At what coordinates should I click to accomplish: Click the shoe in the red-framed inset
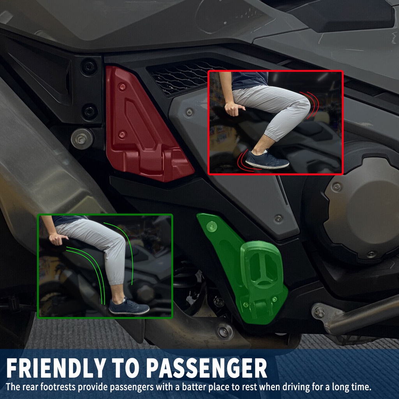pos(267,160)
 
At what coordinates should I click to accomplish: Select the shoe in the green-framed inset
pos(129,307)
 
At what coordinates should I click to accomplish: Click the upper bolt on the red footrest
pos(122,87)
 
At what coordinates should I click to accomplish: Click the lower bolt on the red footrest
pos(122,135)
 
